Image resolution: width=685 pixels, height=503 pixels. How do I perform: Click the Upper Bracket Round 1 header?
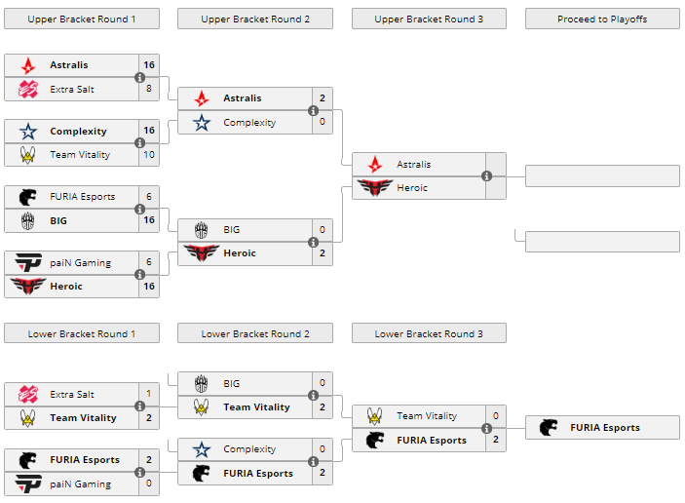(x=81, y=19)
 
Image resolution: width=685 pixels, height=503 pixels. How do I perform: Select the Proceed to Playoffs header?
(x=602, y=19)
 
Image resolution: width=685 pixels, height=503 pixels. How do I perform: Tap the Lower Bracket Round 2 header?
(x=254, y=333)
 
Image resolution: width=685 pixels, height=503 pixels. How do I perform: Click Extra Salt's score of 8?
(x=148, y=89)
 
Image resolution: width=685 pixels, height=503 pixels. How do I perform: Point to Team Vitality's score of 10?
(x=148, y=155)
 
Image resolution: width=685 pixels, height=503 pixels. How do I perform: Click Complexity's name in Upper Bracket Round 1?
(x=78, y=131)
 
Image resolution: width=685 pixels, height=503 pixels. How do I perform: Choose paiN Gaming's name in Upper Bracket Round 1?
(x=80, y=262)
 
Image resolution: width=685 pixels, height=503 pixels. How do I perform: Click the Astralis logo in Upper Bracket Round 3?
(x=375, y=165)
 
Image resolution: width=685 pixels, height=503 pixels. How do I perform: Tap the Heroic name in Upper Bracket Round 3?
(x=412, y=188)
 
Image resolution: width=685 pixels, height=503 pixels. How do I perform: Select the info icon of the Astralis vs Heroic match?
(x=486, y=176)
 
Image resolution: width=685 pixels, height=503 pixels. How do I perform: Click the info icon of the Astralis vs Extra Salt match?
(x=139, y=77)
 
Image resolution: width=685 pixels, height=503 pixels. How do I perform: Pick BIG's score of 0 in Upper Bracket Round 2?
(x=322, y=230)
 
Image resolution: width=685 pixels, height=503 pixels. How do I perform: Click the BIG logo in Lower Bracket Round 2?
(x=202, y=383)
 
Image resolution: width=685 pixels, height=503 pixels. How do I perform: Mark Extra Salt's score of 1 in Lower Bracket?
(x=148, y=394)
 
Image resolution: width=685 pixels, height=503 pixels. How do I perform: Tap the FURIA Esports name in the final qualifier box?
(x=605, y=427)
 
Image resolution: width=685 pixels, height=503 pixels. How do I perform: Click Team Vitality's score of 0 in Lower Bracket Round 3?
(x=495, y=416)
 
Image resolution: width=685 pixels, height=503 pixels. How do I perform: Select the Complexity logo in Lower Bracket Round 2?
(x=202, y=449)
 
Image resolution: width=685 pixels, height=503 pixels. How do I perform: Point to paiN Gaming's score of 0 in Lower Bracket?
(x=148, y=484)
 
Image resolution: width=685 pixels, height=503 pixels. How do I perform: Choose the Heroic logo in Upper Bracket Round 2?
(x=202, y=253)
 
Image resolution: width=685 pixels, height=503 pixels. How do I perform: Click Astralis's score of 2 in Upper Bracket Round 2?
(x=322, y=98)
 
